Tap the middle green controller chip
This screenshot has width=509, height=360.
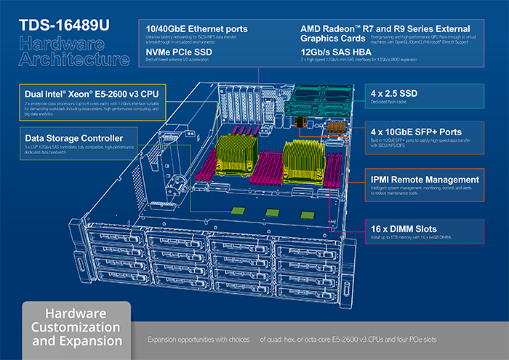click(x=272, y=213)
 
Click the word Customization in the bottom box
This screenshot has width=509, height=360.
click(x=77, y=327)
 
